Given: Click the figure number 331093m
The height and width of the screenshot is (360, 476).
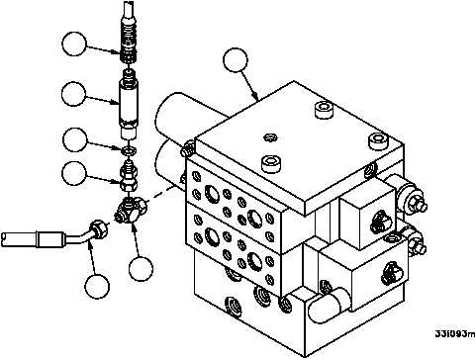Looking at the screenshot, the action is pyautogui.click(x=455, y=334).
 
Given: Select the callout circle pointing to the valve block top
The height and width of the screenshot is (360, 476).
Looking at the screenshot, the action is pyautogui.click(x=236, y=60).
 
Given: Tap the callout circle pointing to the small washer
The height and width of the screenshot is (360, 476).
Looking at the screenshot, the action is pyautogui.click(x=75, y=139).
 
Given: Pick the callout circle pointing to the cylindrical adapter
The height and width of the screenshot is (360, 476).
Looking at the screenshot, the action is pyautogui.click(x=74, y=94).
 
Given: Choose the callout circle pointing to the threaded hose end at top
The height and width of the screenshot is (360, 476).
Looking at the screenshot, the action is pyautogui.click(x=74, y=44).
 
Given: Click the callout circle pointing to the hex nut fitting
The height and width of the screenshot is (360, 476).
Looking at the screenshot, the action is pyautogui.click(x=74, y=173).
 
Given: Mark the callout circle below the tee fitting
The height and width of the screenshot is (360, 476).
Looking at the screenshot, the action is pyautogui.click(x=141, y=269).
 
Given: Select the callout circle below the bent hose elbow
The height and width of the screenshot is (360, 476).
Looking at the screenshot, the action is pyautogui.click(x=97, y=287).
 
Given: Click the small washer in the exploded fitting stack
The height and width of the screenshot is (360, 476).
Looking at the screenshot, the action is pyautogui.click(x=128, y=151).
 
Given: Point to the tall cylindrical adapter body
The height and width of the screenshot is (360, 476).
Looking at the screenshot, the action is pyautogui.click(x=128, y=105).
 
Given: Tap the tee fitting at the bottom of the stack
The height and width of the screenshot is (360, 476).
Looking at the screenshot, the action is pyautogui.click(x=131, y=210).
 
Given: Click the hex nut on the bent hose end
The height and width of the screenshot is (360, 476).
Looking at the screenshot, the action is pyautogui.click(x=99, y=229).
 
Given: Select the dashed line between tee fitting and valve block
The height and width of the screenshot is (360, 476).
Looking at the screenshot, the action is pyautogui.click(x=162, y=194).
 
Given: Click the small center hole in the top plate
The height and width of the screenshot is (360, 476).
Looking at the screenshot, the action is pyautogui.click(x=270, y=137).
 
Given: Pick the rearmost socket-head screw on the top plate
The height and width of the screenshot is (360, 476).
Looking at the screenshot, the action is pyautogui.click(x=324, y=110).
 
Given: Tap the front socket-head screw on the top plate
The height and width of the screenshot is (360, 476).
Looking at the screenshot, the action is pyautogui.click(x=270, y=163).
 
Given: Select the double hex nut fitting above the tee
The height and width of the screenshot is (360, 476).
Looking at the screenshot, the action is pyautogui.click(x=129, y=176).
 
